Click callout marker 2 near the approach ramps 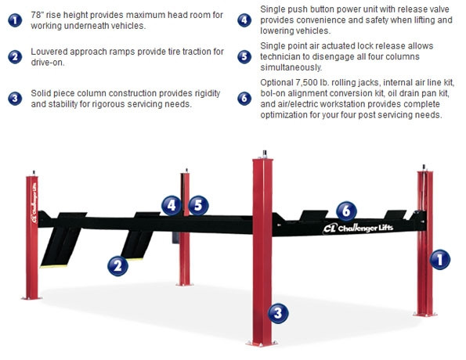pyautogui.click(x=117, y=265)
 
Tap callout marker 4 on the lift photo pyautogui.click(x=172, y=205)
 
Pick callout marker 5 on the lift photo pyautogui.click(x=198, y=205)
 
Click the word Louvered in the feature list pyautogui.click(x=52, y=52)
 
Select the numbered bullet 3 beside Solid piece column pyautogui.click(x=15, y=99)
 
